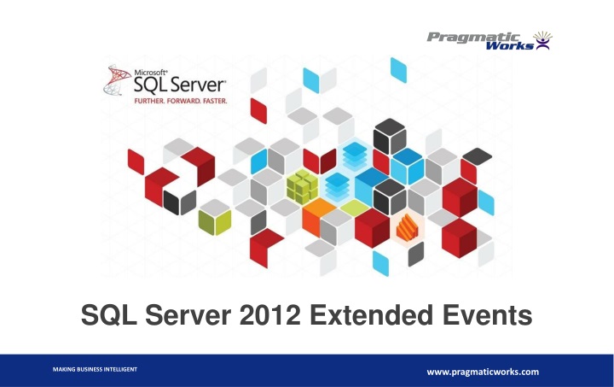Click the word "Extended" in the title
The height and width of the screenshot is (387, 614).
point(366,319)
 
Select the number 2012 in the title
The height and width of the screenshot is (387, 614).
point(259,319)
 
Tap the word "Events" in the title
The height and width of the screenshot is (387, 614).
point(484,319)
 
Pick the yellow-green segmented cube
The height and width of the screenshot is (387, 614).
point(301,185)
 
